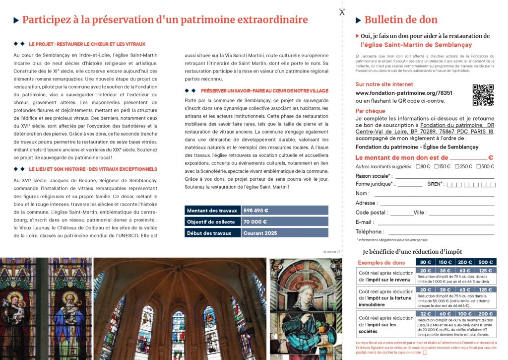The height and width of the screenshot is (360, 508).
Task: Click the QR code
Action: [x=483, y=95]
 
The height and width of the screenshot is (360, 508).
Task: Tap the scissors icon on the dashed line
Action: [x=342, y=12]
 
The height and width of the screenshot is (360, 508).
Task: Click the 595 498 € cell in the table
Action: [x=285, y=210]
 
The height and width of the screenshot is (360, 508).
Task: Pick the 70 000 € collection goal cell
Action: [x=285, y=221]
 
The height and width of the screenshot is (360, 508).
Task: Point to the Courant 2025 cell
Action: [x=285, y=233]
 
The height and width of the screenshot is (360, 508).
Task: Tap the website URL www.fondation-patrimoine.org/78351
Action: [x=396, y=93]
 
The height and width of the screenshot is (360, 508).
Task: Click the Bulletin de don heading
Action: [x=401, y=20]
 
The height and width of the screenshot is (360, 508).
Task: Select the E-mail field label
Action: [x=365, y=222]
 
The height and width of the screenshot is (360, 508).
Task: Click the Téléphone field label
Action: [x=370, y=231]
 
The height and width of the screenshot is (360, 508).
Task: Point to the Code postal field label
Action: [x=372, y=213]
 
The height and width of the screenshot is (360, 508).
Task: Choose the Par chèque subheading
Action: [x=371, y=111]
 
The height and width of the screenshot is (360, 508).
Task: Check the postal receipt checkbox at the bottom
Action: [x=425, y=353]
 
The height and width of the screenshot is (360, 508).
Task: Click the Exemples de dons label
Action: [x=381, y=262]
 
